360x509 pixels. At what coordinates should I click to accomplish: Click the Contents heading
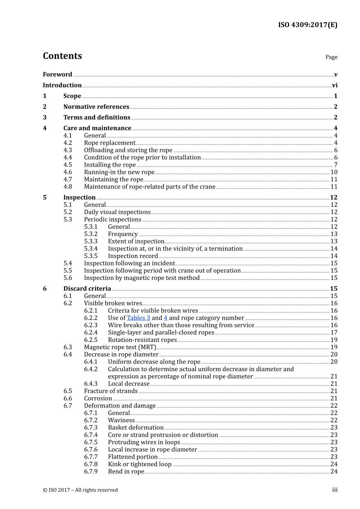62,56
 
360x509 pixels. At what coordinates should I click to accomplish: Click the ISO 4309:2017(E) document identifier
307,25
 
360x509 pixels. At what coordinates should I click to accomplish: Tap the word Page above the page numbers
331,57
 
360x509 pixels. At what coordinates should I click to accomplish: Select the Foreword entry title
57,75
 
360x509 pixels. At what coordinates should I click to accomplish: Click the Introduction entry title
62,85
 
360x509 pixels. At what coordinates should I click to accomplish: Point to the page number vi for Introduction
335,86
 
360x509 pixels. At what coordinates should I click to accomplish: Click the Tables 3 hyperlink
138,318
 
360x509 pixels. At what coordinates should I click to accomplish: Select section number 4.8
68,187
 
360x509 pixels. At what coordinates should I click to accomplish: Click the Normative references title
96,107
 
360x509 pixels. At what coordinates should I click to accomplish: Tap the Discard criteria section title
87,289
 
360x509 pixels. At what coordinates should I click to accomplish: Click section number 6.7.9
91,472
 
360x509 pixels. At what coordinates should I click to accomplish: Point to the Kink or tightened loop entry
139,464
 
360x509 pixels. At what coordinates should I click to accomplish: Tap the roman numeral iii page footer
335,490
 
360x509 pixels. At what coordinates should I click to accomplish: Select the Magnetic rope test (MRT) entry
120,347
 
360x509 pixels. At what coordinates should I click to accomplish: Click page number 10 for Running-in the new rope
334,172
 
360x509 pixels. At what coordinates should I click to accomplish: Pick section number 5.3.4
91,249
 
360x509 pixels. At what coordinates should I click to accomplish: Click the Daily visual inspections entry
117,212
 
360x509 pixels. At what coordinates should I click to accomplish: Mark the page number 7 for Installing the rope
335,165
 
